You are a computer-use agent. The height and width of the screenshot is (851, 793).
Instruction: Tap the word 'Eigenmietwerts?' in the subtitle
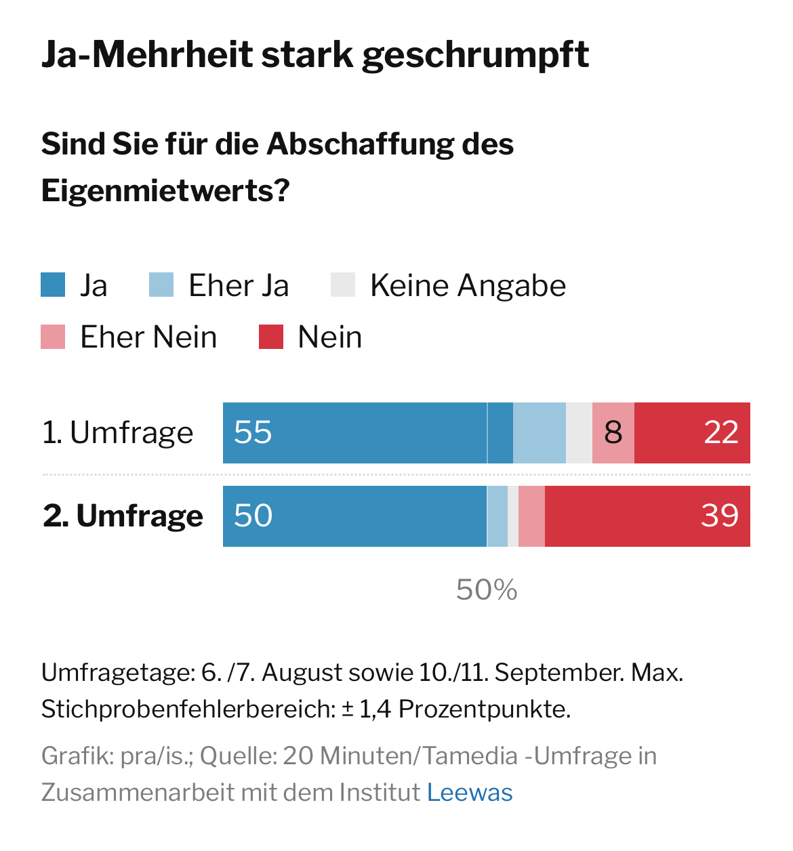click(165, 190)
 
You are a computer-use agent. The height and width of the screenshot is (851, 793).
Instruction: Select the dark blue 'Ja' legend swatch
click(53, 285)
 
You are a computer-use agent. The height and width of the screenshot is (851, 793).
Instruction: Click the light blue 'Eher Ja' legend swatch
click(161, 285)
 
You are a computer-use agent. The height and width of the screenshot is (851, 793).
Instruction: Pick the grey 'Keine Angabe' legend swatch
click(343, 285)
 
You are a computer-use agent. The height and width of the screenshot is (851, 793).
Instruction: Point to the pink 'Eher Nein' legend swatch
click(53, 337)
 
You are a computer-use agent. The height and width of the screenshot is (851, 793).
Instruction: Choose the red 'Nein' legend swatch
click(271, 337)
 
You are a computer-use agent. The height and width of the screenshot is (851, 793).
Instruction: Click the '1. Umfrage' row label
click(118, 433)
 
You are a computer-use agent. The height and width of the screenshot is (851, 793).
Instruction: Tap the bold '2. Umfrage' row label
click(123, 516)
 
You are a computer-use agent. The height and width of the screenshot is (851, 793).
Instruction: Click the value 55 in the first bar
click(253, 433)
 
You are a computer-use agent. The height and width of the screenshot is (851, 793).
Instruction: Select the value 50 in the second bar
click(253, 516)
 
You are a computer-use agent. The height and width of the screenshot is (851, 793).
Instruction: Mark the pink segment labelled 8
click(613, 433)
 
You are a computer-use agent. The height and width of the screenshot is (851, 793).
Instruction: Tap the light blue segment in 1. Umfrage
click(540, 433)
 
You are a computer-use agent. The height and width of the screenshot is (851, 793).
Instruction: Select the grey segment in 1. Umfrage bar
click(579, 433)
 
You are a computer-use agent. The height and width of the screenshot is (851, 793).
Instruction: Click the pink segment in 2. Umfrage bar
click(532, 516)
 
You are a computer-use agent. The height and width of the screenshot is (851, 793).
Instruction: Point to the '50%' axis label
click(487, 590)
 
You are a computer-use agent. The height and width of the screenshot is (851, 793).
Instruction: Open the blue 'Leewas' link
click(470, 792)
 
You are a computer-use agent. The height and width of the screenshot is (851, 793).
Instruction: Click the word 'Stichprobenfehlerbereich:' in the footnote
click(188, 709)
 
